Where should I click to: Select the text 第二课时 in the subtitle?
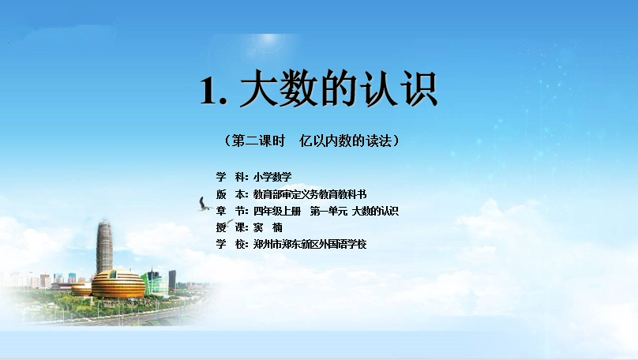tap(258, 141)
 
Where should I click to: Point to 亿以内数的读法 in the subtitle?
tap(345, 141)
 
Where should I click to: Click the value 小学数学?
tap(272, 177)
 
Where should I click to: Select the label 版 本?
tap(231, 194)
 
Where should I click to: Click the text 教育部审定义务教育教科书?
tap(310, 194)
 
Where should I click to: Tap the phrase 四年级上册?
tap(276, 211)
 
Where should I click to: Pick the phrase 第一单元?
tap(328, 211)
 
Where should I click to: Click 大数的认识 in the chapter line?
tap(375, 211)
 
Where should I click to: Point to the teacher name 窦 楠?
tap(268, 227)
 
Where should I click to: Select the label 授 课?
tap(231, 227)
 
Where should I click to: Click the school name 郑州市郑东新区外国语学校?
tap(310, 244)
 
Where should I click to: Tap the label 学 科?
tap(231, 177)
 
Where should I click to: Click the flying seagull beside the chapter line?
tap(204, 204)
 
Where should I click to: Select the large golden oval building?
tap(118, 283)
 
